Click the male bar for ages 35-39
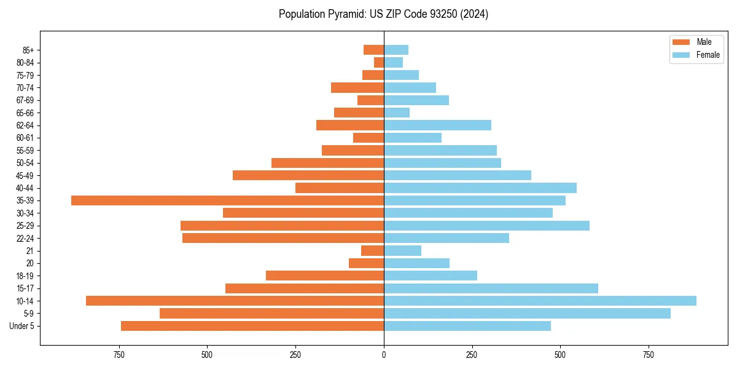point(227,200)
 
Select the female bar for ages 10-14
point(540,301)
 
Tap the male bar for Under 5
point(252,326)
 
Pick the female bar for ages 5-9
point(527,314)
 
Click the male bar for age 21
point(372,251)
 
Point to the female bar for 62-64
point(437,125)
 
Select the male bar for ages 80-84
point(379,63)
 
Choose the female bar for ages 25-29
point(486,226)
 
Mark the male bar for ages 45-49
point(308,175)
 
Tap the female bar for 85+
point(396,50)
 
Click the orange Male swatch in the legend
point(682,42)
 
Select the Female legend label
point(708,55)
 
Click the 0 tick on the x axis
point(384,355)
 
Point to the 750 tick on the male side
point(119,355)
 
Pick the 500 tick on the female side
point(560,355)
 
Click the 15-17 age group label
point(25,288)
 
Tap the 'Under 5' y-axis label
point(21,326)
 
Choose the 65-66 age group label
point(25,113)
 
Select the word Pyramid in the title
point(346,14)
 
